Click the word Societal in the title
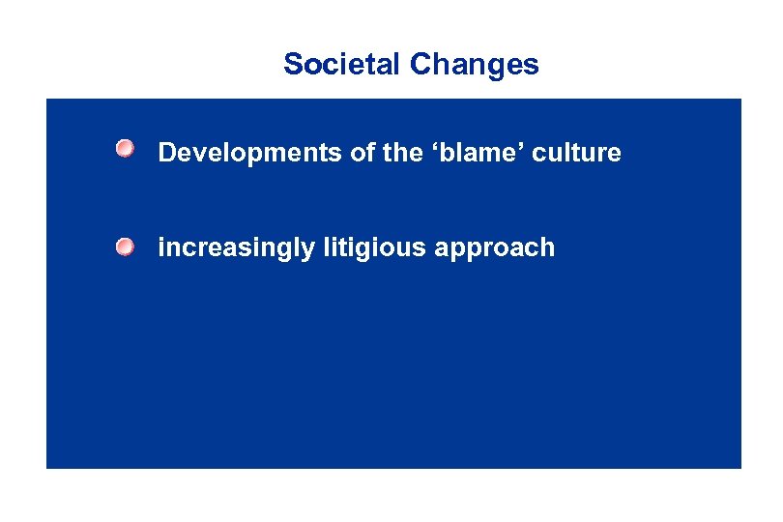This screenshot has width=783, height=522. click(342, 65)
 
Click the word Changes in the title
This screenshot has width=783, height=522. click(474, 65)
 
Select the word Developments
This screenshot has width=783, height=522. click(236, 153)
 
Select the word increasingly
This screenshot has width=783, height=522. click(236, 248)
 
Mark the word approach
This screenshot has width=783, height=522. click(495, 248)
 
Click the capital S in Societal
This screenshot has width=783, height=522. click(293, 65)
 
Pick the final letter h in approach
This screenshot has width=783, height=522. click(548, 248)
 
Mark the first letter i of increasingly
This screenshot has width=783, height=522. click(161, 248)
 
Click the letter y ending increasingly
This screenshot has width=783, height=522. click(308, 250)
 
